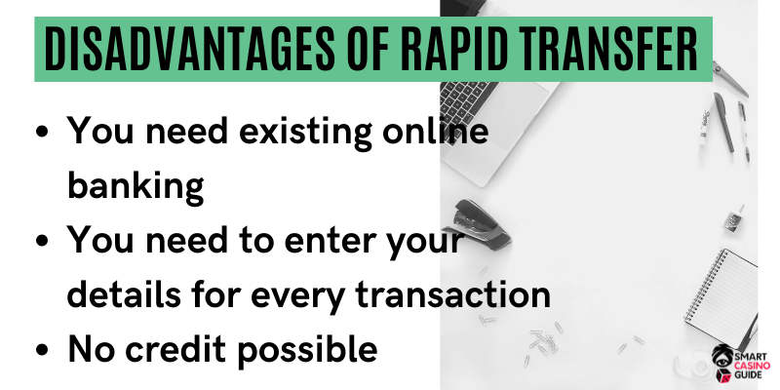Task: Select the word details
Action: coord(124,294)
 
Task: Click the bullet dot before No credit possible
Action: coord(43,349)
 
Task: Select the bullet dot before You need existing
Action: coord(43,135)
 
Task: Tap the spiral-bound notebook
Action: coord(721,293)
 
